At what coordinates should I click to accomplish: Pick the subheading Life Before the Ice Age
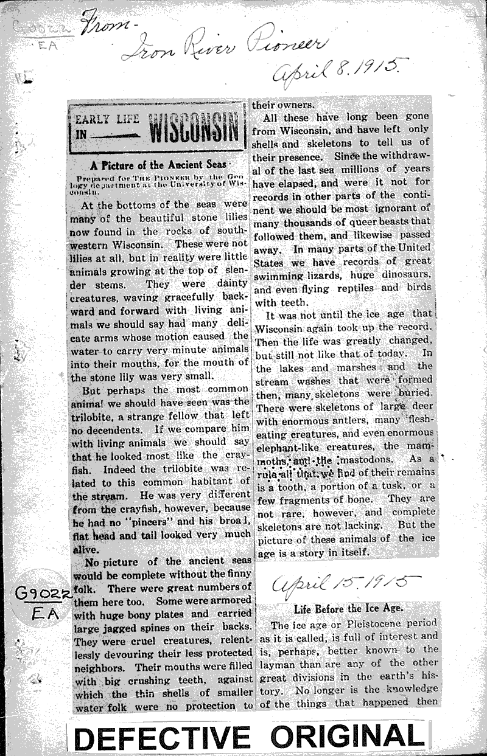click(x=345, y=608)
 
